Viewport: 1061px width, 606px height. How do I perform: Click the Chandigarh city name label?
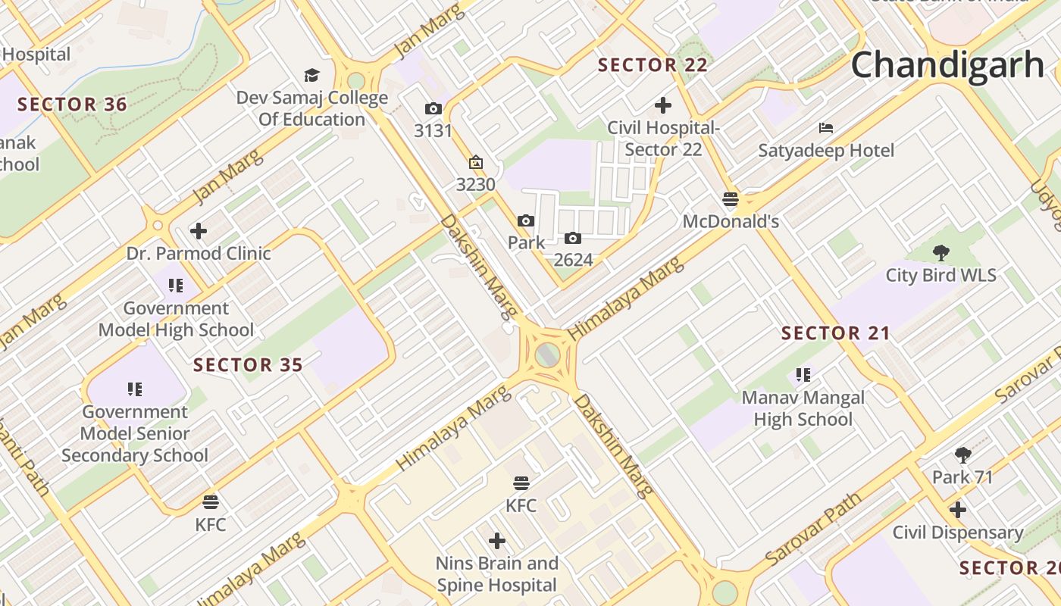(947, 65)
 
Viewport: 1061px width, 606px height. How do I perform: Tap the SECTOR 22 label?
(653, 65)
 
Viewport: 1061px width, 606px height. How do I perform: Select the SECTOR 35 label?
(248, 365)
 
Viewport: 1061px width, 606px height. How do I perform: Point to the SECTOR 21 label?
(836, 333)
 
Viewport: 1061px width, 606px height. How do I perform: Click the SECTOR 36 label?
(72, 105)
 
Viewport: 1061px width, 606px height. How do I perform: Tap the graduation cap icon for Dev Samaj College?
(311, 75)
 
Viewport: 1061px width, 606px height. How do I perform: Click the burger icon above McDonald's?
(731, 199)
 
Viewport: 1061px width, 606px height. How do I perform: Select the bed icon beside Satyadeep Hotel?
(826, 128)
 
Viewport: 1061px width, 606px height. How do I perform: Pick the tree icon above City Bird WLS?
(941, 252)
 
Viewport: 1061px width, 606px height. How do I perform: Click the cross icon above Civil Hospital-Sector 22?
(663, 105)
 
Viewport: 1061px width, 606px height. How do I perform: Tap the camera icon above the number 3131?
(433, 109)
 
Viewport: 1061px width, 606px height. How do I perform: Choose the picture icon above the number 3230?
(476, 162)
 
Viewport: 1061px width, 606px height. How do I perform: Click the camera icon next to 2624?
(573, 239)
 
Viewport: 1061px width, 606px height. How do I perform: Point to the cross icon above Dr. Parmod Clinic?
(199, 230)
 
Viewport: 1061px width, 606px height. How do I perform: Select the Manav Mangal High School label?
(803, 408)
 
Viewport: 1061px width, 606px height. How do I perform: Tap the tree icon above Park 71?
(962, 454)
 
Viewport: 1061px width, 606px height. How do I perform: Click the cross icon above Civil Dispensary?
(958, 510)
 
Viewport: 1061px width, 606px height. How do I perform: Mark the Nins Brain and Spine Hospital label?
(497, 574)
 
